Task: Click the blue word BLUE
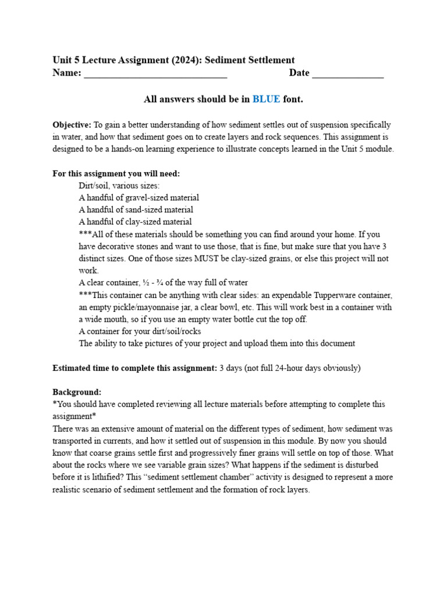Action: (x=266, y=100)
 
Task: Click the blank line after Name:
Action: (x=155, y=74)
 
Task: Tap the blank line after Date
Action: (x=348, y=74)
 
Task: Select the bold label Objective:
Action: (x=72, y=125)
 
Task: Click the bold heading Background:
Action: (x=77, y=392)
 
